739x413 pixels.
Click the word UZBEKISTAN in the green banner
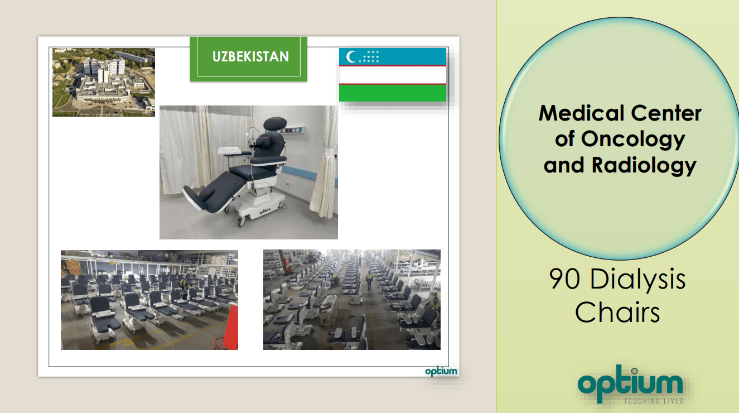pyautogui.click(x=250, y=56)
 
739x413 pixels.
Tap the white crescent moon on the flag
pyautogui.click(x=350, y=57)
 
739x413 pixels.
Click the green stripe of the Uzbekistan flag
pyautogui.click(x=393, y=93)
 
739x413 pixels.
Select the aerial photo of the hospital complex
pyautogui.click(x=104, y=82)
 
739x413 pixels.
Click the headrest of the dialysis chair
pyautogui.click(x=275, y=123)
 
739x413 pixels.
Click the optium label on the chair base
pyautogui.click(x=264, y=211)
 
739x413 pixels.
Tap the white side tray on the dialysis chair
pyautogui.click(x=229, y=151)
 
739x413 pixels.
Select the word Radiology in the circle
pyautogui.click(x=644, y=166)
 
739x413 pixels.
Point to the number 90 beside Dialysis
pyautogui.click(x=564, y=279)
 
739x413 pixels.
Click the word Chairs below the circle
pyautogui.click(x=617, y=313)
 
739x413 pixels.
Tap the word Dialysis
pyautogui.click(x=637, y=280)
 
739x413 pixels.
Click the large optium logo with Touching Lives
pyautogui.click(x=630, y=385)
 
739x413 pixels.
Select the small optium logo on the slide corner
pyautogui.click(x=441, y=372)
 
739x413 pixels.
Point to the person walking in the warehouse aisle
pyautogui.click(x=369, y=280)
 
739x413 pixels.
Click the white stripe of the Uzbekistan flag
pyautogui.click(x=393, y=75)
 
